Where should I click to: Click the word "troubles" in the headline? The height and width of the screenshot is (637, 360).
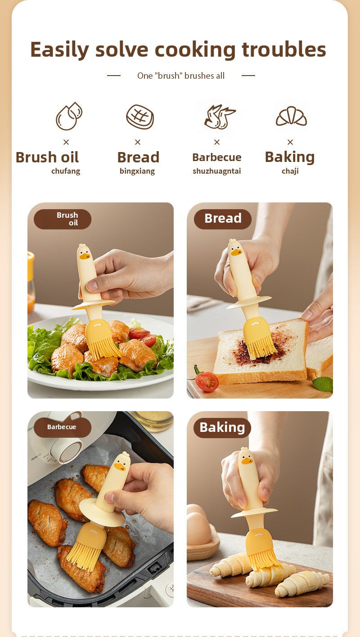[x=283, y=49]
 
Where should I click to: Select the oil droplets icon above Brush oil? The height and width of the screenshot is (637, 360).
[x=69, y=116]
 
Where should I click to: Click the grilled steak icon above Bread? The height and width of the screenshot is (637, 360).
[x=140, y=117]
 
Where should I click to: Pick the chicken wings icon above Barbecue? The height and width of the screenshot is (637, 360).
[x=220, y=117]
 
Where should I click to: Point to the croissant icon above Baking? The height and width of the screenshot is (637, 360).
[x=291, y=116]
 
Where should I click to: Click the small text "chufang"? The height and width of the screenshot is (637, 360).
[x=66, y=171]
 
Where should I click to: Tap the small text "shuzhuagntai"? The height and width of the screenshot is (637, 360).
[x=217, y=171]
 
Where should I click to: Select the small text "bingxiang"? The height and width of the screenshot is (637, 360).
[x=137, y=171]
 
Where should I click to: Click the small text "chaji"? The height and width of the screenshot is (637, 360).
[x=290, y=171]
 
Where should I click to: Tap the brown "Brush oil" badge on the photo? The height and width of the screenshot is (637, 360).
[x=63, y=219]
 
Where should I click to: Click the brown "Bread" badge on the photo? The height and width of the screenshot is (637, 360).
[x=223, y=219]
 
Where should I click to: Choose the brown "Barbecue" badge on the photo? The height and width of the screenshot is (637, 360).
[x=63, y=427]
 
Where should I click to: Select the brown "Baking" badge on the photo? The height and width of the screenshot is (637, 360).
[x=222, y=428]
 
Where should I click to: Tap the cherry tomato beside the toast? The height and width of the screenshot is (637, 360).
[x=207, y=381]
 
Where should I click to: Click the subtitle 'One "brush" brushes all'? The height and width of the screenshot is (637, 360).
[x=181, y=76]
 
